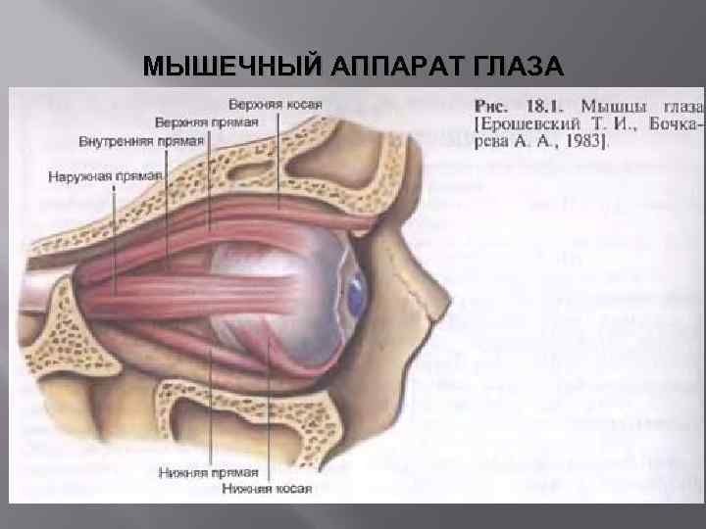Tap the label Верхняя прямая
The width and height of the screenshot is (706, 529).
pos(206,122)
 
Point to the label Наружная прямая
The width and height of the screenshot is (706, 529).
pos(104,177)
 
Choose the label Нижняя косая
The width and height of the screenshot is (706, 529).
pos(267,488)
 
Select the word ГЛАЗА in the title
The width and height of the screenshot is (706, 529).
pos(518,67)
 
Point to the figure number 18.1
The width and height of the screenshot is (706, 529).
pos(542,104)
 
